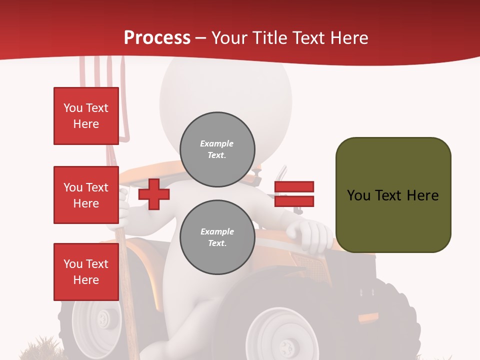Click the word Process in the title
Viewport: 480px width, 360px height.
(x=157, y=38)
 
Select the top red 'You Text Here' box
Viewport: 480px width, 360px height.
(x=86, y=116)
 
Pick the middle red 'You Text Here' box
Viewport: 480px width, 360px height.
(x=86, y=195)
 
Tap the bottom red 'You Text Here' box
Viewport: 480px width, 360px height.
(x=86, y=272)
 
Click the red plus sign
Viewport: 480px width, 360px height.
(x=154, y=194)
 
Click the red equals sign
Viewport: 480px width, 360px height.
(x=294, y=194)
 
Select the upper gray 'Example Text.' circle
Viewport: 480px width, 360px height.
(x=217, y=149)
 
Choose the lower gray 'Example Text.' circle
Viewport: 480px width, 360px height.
(x=217, y=237)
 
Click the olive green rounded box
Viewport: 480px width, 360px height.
(x=393, y=195)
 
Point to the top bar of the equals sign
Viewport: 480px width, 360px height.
(x=294, y=187)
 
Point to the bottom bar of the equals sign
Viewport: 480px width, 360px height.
(x=294, y=201)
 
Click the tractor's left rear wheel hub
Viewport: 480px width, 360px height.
(x=103, y=317)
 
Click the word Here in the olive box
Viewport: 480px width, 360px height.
(x=422, y=195)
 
